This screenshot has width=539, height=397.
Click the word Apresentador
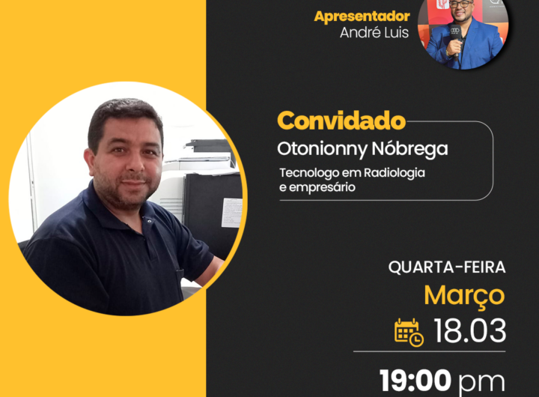(362, 16)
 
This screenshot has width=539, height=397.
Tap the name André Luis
(374, 32)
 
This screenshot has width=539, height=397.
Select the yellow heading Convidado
(341, 121)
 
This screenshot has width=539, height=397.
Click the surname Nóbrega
(409, 149)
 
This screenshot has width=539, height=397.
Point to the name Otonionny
(323, 150)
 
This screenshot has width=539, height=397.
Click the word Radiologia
(395, 173)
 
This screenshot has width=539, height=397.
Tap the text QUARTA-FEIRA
(447, 267)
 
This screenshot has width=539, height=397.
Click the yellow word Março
(464, 296)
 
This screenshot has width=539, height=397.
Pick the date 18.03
(470, 330)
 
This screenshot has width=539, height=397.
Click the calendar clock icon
(409, 333)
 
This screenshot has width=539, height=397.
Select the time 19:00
(415, 380)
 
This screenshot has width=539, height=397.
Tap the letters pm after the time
(481, 383)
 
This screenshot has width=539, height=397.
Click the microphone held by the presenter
(455, 38)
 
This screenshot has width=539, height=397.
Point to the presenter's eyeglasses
(461, 4)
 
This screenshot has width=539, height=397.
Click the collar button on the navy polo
(149, 221)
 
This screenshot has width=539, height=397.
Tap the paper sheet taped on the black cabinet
(231, 212)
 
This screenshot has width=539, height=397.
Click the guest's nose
(135, 163)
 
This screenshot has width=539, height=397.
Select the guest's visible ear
(90, 163)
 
